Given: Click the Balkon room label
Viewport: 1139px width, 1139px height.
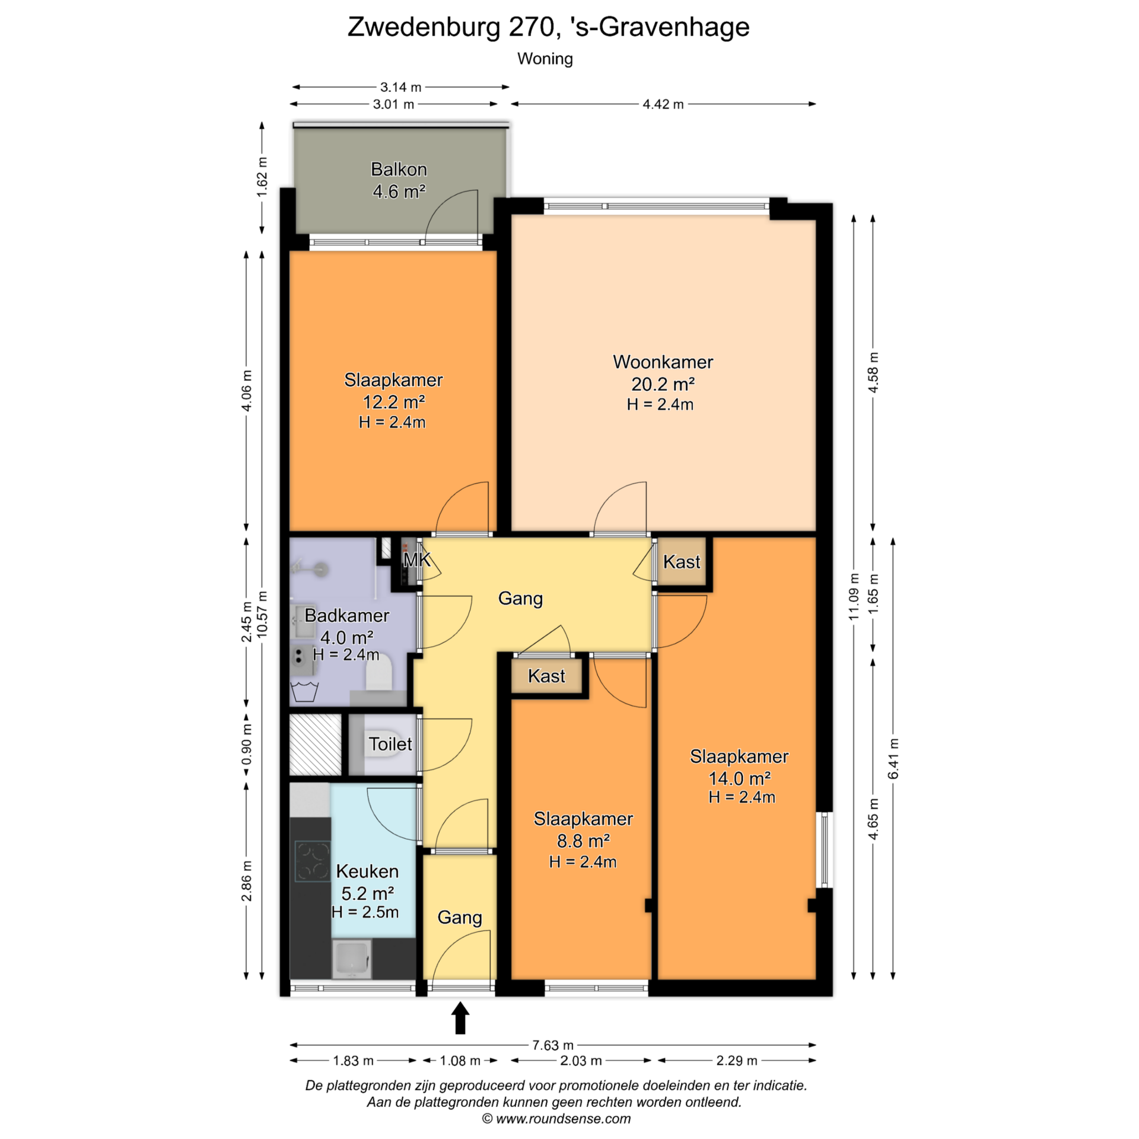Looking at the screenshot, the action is (399, 170).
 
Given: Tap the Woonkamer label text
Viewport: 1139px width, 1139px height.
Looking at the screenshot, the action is (663, 362).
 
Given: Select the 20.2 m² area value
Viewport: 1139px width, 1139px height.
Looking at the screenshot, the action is (663, 384).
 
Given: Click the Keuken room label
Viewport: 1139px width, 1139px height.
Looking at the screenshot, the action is (367, 871).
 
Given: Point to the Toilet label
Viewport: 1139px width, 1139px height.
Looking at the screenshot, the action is (390, 744).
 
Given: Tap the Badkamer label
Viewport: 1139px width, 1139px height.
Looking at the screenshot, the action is (347, 615).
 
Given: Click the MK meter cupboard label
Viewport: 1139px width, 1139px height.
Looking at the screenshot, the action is (417, 559).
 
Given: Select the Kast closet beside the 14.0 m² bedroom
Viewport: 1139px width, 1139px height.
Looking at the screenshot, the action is (682, 561).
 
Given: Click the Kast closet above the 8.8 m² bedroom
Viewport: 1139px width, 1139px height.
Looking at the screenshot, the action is (546, 676).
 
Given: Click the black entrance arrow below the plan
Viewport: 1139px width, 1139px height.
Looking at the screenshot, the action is (460, 1018).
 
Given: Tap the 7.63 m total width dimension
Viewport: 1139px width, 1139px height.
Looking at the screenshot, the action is (553, 1045).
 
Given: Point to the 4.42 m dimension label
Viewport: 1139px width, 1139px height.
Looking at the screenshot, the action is (663, 104).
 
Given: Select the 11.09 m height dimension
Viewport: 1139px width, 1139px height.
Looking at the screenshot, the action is (854, 597).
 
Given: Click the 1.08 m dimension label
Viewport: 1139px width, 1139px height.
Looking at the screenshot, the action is (460, 1061).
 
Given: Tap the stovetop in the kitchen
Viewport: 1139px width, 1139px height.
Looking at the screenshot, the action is (313, 861).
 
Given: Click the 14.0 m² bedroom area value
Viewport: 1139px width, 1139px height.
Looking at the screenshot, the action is (740, 778).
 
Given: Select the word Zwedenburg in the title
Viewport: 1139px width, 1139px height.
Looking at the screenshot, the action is (424, 27).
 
